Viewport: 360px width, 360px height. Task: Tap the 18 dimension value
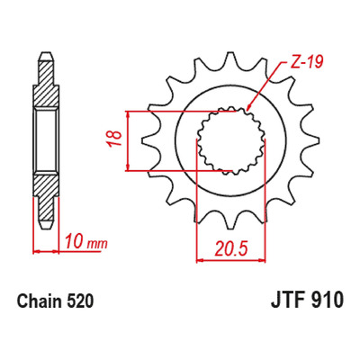[115, 139]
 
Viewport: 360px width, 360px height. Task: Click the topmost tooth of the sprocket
[230, 58]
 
